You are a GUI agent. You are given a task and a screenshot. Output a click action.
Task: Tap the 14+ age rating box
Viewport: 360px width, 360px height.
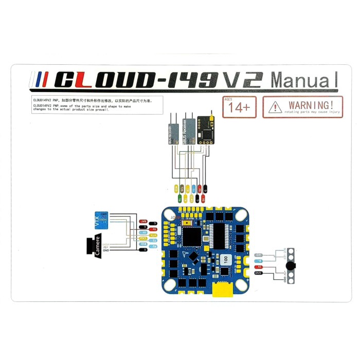point(239,107)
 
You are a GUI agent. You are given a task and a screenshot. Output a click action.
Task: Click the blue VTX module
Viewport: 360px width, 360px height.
point(101,220)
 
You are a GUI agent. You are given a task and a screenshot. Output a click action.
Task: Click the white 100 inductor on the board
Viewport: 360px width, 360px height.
point(225,259)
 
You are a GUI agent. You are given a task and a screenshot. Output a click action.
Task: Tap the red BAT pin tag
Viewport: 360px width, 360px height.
point(142,222)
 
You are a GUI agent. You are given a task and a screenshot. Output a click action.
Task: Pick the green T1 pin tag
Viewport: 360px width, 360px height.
point(179,199)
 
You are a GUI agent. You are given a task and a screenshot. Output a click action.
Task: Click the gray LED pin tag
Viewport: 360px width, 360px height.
point(259,255)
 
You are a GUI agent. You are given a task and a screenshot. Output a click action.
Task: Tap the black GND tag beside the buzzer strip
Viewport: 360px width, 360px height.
point(258,273)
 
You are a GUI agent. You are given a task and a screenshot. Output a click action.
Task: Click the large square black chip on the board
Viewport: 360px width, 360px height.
point(192,236)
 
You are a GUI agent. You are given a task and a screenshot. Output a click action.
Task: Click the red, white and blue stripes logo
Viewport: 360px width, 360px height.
point(41,80)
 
